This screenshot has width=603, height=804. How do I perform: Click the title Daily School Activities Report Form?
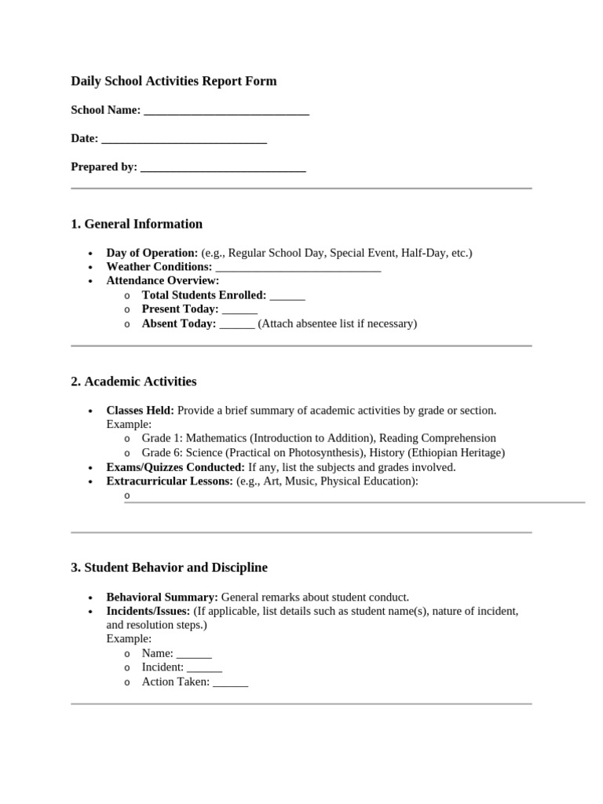click(174, 81)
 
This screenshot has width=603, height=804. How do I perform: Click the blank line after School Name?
click(227, 111)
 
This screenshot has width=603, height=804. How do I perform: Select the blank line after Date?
click(185, 140)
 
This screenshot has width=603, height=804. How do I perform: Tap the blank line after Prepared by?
click(223, 168)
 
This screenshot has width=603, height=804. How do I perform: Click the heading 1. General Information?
click(137, 224)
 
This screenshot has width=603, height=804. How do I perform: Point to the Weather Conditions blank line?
click(298, 268)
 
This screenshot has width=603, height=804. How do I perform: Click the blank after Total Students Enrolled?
click(287, 296)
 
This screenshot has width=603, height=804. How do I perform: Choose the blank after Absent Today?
click(237, 324)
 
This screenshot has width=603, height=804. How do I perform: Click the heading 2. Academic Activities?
click(133, 382)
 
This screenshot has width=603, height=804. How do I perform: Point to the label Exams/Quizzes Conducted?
click(176, 467)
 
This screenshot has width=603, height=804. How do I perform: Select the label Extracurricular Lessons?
click(170, 481)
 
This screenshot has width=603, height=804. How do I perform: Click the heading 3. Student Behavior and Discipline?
click(169, 567)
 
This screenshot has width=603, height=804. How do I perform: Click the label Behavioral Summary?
click(163, 598)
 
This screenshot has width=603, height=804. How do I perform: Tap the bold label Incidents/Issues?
click(148, 612)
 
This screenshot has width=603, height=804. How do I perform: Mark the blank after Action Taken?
click(231, 683)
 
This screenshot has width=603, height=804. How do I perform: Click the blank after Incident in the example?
click(205, 668)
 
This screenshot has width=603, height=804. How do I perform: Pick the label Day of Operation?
click(152, 253)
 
